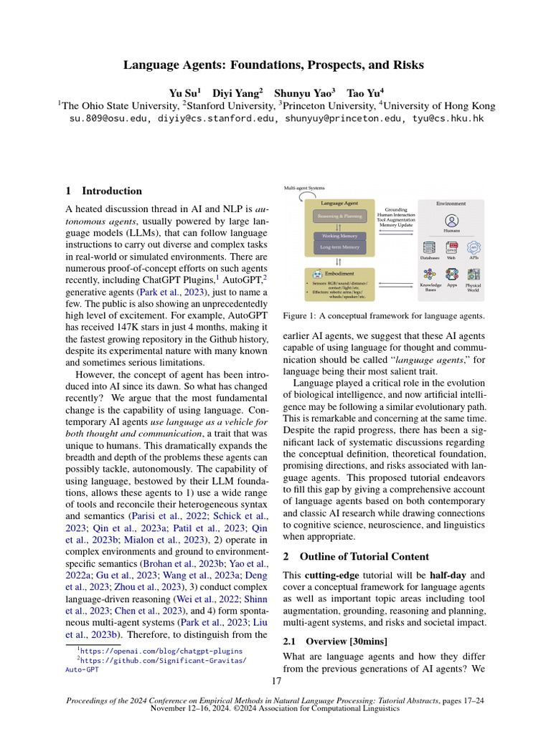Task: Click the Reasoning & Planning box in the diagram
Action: coord(340,216)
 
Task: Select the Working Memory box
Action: coord(340,236)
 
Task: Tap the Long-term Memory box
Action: coord(340,247)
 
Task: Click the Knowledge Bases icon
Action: coord(430,275)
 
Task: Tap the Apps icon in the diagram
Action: coord(452,275)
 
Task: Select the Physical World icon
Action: coord(474,275)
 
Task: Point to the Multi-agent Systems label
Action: coord(304,188)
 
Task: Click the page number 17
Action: coord(276,680)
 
